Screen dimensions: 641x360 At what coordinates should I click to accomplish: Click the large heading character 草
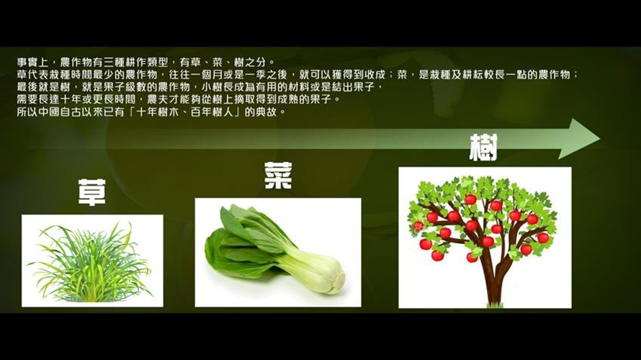[92, 192]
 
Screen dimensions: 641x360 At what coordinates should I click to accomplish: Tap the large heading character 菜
[279, 175]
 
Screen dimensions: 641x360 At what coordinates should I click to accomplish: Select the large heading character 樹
[483, 147]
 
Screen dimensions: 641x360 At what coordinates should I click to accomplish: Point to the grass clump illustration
[91, 263]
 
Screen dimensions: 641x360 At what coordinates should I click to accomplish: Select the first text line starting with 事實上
[146, 62]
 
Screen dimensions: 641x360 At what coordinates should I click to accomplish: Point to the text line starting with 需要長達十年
[178, 99]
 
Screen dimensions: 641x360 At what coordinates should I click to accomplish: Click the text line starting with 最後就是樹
[200, 87]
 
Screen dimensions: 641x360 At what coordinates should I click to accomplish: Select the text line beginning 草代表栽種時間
[297, 74]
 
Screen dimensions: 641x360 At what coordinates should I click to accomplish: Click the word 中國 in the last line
[49, 112]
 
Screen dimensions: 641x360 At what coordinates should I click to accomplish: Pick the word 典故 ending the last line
[266, 112]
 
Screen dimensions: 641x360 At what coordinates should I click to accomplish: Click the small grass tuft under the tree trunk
[495, 305]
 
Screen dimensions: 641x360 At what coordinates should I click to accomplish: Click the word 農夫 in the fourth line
[157, 99]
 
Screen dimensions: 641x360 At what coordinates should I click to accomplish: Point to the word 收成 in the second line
[375, 74]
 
